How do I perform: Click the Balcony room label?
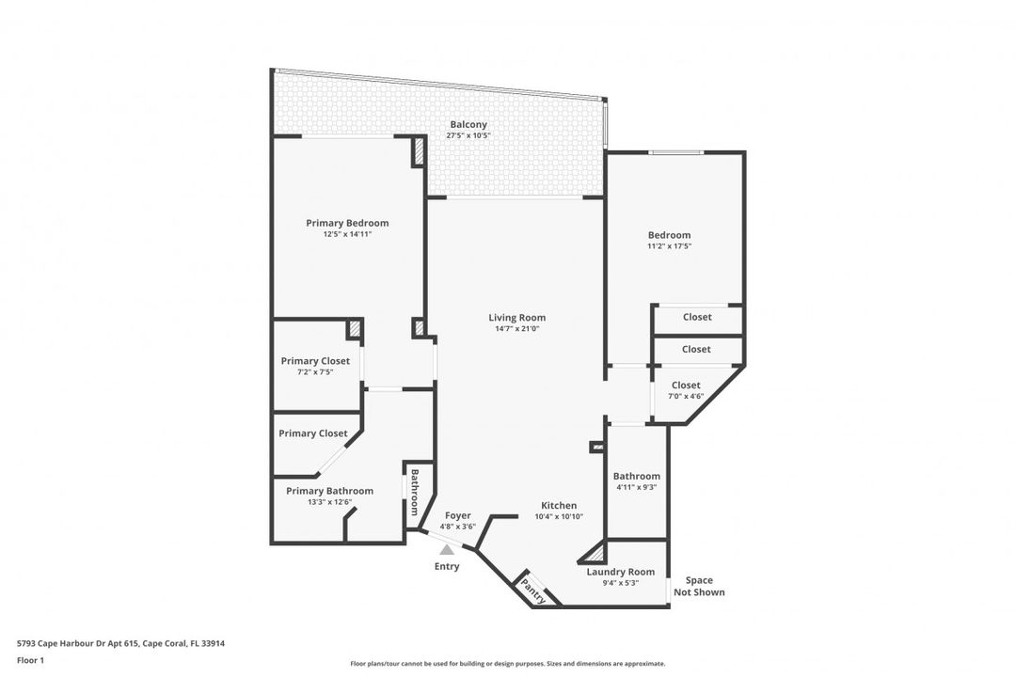tap(468, 124)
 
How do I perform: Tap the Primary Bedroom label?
tap(347, 223)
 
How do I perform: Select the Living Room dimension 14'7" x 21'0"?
tap(517, 328)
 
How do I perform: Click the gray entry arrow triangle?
tap(447, 550)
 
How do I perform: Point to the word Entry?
tap(447, 566)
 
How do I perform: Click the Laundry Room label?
tap(621, 572)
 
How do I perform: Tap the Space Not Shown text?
tap(699, 587)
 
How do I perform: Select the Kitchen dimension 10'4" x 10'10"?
tap(559, 516)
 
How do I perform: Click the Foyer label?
tap(457, 515)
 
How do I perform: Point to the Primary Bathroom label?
tap(330, 491)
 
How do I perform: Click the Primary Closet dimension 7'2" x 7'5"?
tap(315, 371)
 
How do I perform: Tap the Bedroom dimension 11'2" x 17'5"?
tap(670, 246)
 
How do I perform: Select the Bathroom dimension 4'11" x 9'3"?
tap(636, 487)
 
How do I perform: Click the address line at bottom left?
tap(120, 643)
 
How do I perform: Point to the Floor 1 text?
tap(30, 661)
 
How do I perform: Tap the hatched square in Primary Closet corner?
tap(355, 329)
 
